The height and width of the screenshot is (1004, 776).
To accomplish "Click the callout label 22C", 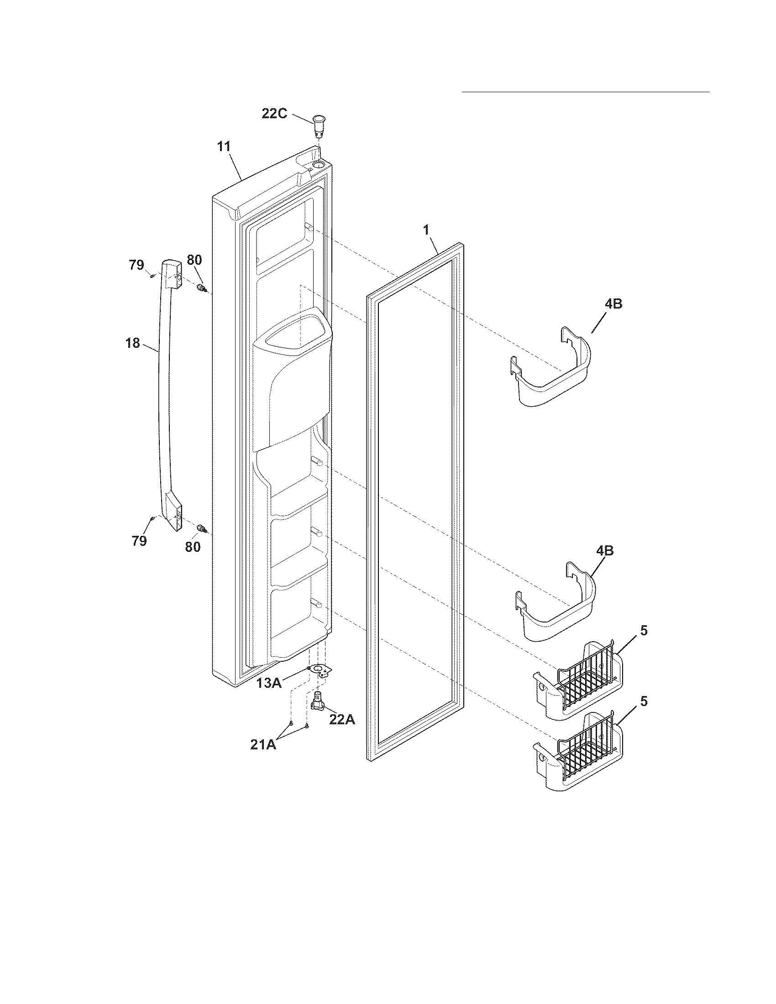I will (274, 114).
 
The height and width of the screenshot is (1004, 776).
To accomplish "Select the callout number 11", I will (224, 146).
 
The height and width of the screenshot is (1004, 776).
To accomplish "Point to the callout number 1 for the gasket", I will (426, 230).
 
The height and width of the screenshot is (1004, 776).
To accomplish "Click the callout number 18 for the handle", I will (133, 343).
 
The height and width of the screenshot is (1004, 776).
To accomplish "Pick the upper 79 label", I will (136, 265).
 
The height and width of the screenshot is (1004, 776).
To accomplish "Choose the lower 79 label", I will (139, 541).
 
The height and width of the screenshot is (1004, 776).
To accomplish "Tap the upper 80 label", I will (194, 260).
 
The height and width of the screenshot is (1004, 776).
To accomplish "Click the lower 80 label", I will (193, 547).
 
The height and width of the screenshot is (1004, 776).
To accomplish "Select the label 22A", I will (342, 719).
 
